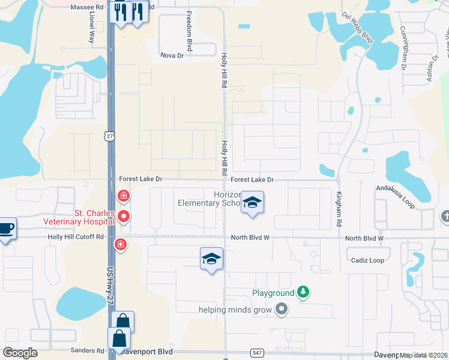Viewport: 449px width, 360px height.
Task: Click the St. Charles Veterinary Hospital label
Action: point(78,217)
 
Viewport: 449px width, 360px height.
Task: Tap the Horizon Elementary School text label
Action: point(209,199)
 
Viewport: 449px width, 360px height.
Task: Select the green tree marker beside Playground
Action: point(304,292)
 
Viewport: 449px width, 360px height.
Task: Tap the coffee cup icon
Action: point(5,228)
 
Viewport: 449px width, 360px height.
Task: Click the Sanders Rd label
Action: point(87,350)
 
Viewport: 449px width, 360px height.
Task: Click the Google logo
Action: point(20,352)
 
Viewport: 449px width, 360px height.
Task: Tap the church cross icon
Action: point(445,216)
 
